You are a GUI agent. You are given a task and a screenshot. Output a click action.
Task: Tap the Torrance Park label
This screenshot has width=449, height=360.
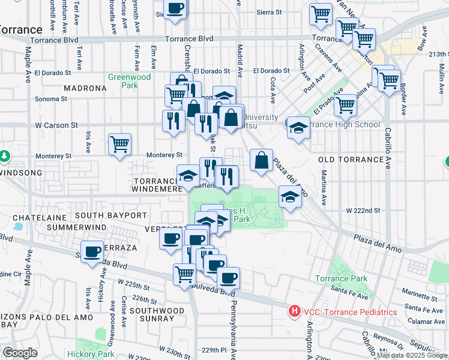click(x=342, y=278)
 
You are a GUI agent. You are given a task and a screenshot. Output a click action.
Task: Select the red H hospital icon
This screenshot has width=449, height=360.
click(x=294, y=311)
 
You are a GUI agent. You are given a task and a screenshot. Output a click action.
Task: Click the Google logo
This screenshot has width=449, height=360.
click(x=20, y=353)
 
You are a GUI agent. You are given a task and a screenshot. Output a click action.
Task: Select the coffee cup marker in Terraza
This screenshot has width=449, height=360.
click(x=92, y=252)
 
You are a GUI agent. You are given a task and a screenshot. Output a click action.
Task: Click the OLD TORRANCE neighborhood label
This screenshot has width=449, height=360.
click(x=351, y=160)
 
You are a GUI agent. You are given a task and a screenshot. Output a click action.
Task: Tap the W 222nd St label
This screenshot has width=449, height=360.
click(x=363, y=211)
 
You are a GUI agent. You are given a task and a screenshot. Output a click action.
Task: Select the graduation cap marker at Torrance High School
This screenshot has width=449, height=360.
click(x=298, y=127)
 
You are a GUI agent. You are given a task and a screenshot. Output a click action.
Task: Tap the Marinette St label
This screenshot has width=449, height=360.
click(x=422, y=294)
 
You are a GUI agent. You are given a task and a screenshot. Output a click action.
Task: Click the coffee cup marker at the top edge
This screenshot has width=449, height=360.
click(x=175, y=9)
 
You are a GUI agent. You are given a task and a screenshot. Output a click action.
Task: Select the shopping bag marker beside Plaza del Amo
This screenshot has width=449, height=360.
click(x=261, y=161)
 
